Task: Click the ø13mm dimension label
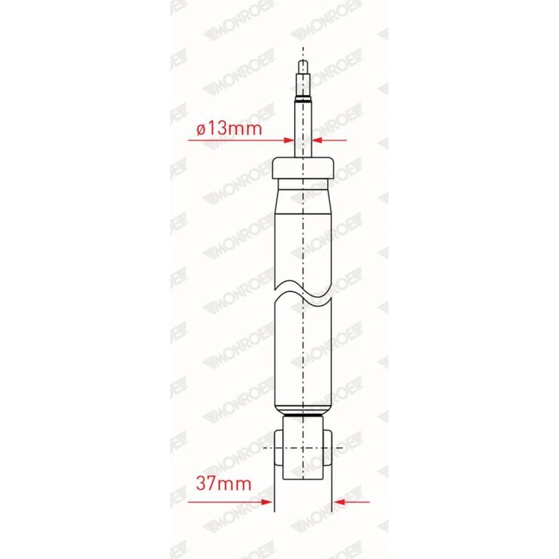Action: coord(229,129)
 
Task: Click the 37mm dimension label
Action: coord(224,484)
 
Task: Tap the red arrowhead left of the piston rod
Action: coord(288,140)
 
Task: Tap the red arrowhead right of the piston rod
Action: coord(318,140)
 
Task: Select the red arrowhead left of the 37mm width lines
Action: coord(268,502)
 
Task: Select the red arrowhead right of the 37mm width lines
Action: coord(339,502)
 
